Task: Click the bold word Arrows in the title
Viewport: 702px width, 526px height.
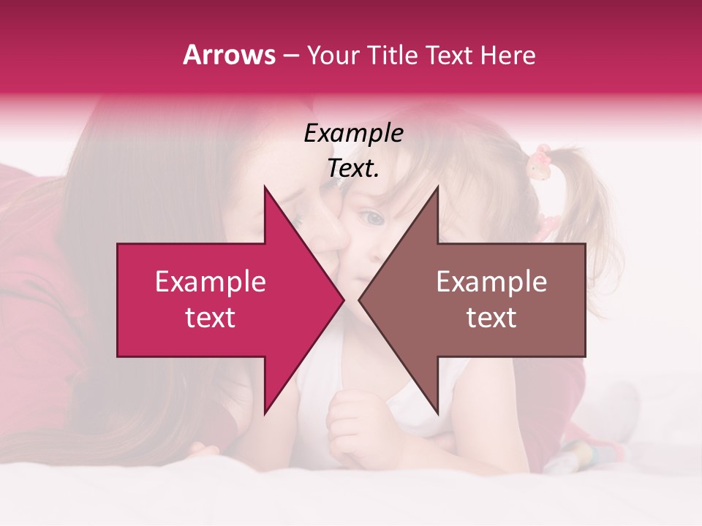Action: coord(230,55)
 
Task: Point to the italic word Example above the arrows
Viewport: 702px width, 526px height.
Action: coord(353,134)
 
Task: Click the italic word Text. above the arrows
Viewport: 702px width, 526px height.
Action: coord(353,169)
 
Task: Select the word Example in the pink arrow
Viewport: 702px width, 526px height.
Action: coord(211,282)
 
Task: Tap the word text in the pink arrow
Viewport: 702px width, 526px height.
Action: coord(211,318)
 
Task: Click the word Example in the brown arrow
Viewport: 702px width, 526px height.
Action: coord(491,282)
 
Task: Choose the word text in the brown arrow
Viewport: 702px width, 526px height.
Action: coord(491,318)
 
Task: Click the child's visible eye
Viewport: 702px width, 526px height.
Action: coord(371,217)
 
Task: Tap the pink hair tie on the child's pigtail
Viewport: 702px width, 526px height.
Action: coord(540,161)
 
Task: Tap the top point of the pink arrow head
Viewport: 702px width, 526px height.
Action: coord(265,187)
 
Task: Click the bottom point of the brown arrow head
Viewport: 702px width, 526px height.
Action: coord(437,413)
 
